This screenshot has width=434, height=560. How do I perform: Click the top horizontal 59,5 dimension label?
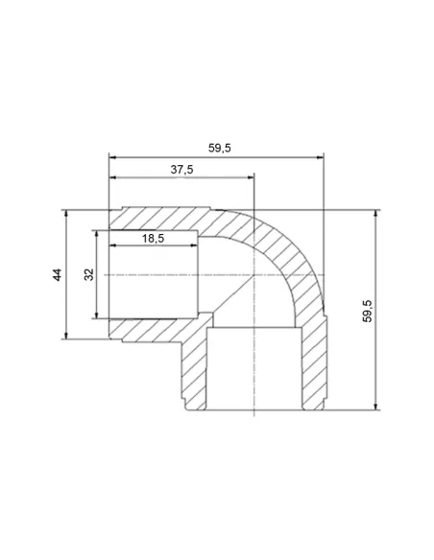click(x=220, y=148)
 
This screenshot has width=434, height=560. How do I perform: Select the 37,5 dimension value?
click(x=181, y=170)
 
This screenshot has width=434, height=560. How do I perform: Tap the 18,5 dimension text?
click(x=153, y=238)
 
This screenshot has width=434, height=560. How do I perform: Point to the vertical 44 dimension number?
click(x=58, y=274)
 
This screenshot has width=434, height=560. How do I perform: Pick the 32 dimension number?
click(x=88, y=274)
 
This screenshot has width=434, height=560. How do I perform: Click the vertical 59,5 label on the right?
click(x=367, y=311)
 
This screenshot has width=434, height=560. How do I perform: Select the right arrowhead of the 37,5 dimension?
click(x=250, y=177)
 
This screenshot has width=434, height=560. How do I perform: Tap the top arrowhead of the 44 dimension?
click(x=66, y=214)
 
